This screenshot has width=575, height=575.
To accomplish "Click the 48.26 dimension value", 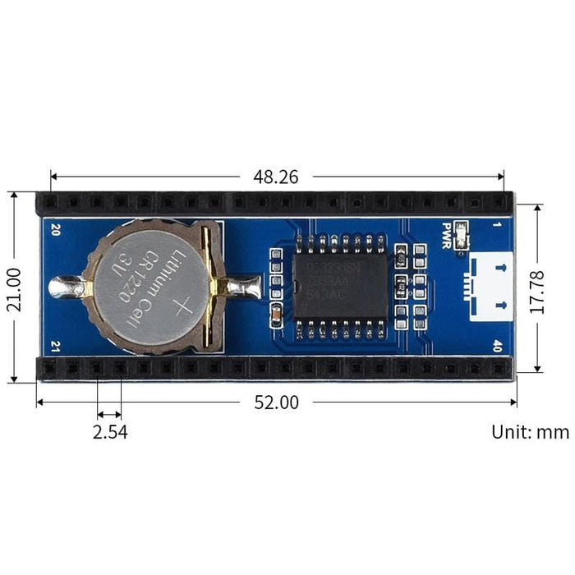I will [276, 176].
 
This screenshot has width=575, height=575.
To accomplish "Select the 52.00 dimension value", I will [276, 402].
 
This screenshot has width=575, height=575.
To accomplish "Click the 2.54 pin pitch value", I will [109, 431].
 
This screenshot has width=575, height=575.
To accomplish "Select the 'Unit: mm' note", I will [530, 431].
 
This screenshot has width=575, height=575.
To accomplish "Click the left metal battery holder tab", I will [67, 287].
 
